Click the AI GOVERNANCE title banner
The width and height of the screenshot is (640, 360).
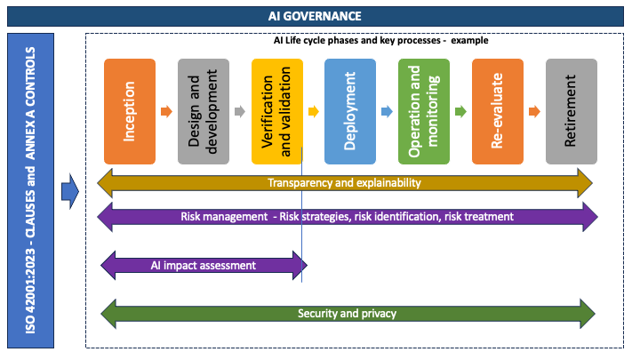(319, 16)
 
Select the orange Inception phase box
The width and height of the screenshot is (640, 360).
(130, 111)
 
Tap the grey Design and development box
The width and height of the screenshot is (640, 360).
(204, 111)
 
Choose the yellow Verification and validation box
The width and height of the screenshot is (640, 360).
(277, 111)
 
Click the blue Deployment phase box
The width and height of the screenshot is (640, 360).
(350, 111)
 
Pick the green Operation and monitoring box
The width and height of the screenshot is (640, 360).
(424, 111)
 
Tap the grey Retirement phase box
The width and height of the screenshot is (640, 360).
(571, 111)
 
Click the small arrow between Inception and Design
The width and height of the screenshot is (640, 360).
(166, 112)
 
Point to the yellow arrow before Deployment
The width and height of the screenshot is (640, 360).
(313, 112)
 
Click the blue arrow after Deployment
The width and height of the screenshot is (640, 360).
(387, 112)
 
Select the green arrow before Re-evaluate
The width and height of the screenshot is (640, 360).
(460, 112)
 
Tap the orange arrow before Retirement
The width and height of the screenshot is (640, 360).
(534, 112)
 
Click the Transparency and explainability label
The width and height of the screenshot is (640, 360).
(344, 183)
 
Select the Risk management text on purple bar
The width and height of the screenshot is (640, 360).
(347, 216)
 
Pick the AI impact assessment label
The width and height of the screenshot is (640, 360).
(204, 265)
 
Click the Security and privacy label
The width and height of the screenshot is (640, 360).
(347, 314)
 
